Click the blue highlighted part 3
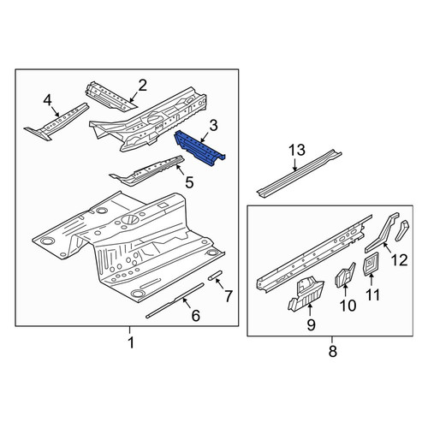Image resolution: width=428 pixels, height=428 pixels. tap(199, 148)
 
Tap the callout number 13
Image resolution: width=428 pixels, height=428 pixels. tap(297, 150)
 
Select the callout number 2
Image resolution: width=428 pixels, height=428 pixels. tap(142, 86)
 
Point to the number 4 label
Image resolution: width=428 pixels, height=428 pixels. tap(47, 101)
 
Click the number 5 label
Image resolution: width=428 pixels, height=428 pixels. tap(189, 182)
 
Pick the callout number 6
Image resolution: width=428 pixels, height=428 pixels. tap(195, 316)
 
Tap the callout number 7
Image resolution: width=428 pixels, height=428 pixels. tap(229, 296)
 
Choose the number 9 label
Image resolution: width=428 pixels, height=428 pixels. tap(311, 324)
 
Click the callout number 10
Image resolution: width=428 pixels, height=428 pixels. tap(348, 306)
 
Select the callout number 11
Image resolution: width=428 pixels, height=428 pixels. tap(373, 294)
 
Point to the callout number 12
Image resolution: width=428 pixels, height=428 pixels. tap(400, 260)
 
